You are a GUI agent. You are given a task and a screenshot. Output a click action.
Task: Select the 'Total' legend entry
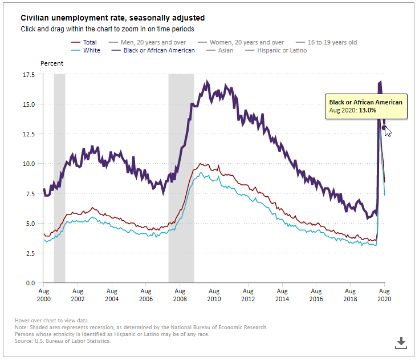click(90, 42)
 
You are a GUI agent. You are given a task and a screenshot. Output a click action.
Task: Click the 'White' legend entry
click(91, 50)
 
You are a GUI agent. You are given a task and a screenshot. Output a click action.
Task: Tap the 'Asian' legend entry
click(225, 50)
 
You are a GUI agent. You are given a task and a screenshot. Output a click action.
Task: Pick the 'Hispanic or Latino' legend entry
click(282, 50)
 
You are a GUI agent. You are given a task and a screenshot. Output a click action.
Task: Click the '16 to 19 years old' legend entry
click(332, 42)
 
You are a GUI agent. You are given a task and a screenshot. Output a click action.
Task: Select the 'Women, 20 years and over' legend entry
click(247, 42)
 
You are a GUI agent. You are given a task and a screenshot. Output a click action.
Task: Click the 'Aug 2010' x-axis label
click(213, 295)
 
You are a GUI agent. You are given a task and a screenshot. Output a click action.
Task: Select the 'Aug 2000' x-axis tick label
click(43, 295)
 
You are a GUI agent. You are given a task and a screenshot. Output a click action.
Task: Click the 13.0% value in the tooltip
click(367, 110)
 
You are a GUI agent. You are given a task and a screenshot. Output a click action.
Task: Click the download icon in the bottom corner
click(401, 342)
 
